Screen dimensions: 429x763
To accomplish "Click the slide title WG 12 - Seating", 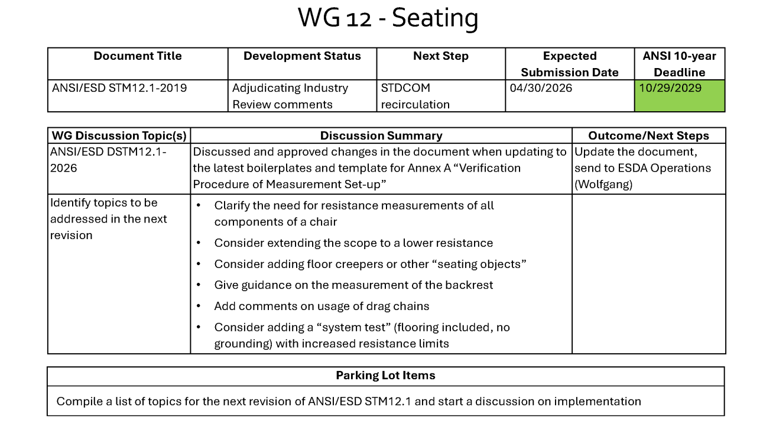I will tap(388, 18).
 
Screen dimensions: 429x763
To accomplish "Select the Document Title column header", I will tap(137, 56).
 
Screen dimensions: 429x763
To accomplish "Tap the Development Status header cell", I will tap(302, 56).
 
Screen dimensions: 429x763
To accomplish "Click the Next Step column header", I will tap(440, 56).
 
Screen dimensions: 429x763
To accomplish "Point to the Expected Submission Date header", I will tap(569, 64).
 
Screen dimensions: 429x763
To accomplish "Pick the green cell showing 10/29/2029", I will tap(680, 96).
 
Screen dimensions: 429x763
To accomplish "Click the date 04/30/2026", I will tap(541, 88).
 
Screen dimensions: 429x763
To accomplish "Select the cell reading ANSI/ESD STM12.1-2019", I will tap(119, 88).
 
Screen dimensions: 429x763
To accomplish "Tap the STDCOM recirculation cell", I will tap(415, 96).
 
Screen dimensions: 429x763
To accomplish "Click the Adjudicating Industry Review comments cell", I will tap(290, 96).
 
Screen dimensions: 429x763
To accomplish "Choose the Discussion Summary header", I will tap(381, 136).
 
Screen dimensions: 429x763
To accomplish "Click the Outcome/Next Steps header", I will tap(648, 136).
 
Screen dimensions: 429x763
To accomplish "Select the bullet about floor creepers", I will tap(370, 264).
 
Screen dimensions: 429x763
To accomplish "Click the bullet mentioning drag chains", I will tap(322, 306).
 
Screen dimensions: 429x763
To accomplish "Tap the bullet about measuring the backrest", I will tap(353, 285).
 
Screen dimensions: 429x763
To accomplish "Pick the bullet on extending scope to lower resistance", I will tap(353, 243).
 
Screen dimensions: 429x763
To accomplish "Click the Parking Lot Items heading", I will tap(385, 375).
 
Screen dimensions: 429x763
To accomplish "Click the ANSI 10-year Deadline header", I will tap(679, 64).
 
